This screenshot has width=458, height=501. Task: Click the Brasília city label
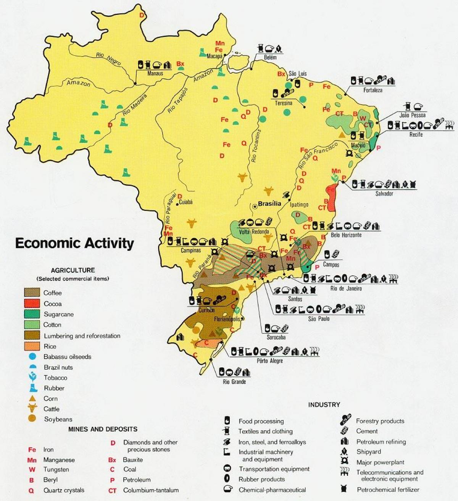pos(269,204)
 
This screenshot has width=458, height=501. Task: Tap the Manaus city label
pos(155,73)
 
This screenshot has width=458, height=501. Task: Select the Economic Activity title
pos(74,243)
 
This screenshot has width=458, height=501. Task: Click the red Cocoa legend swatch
pos(32,304)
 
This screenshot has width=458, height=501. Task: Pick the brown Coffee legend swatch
pos(32,293)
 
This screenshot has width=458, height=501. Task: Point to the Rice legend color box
pos(32,346)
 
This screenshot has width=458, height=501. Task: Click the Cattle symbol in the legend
pos(32,408)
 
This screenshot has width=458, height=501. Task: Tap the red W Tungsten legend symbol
pos(32,470)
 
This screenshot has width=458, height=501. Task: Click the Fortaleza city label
pos(373,90)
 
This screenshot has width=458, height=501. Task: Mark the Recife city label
pos(416,134)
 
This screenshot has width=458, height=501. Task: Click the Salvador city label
pos(384,194)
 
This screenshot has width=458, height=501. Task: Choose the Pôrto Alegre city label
pos(270,361)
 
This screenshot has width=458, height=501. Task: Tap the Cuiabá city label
pos(185,202)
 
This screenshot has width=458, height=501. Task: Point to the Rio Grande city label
pos(234,381)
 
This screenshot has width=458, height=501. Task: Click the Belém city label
pos(270,57)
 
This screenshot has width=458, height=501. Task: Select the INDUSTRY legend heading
pos(324,405)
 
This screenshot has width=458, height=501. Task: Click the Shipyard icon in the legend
pos(345,452)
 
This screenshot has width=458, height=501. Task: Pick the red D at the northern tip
pos(142,15)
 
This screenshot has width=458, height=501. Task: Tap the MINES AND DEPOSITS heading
pos(103,429)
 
